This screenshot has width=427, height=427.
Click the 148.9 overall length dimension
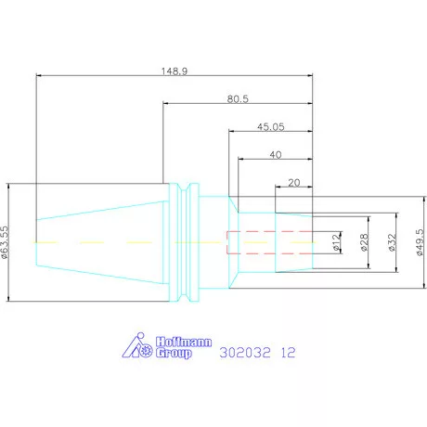(175, 71)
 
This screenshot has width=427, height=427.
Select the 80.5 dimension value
(238, 99)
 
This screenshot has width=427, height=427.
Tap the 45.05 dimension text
(271, 127)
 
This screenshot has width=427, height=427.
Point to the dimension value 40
(276, 155)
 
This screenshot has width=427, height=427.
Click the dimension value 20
(294, 183)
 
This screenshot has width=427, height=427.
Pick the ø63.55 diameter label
(5, 242)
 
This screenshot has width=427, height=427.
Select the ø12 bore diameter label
(336, 241)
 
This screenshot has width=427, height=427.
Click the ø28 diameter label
(365, 242)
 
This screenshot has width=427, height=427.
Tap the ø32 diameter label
(392, 242)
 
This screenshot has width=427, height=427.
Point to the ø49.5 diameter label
(420, 242)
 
